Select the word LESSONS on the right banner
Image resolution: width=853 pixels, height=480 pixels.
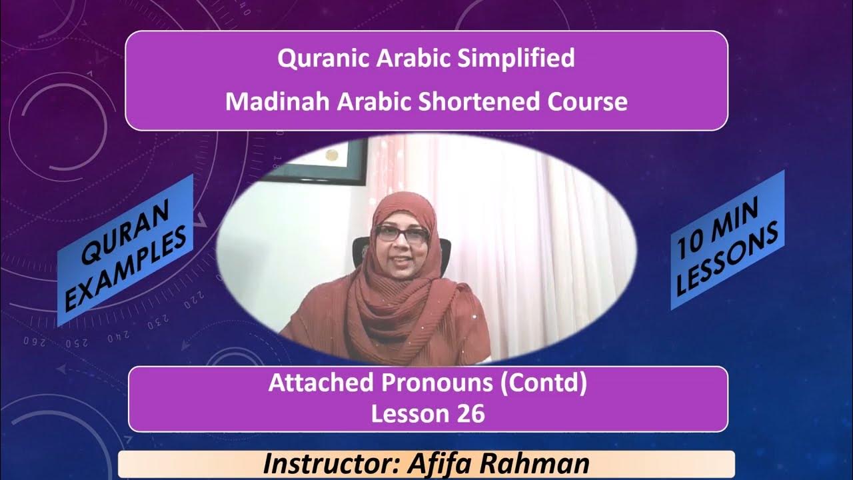730,261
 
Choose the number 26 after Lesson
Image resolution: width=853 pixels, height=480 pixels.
470,413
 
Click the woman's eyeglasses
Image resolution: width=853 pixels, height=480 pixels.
402,233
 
